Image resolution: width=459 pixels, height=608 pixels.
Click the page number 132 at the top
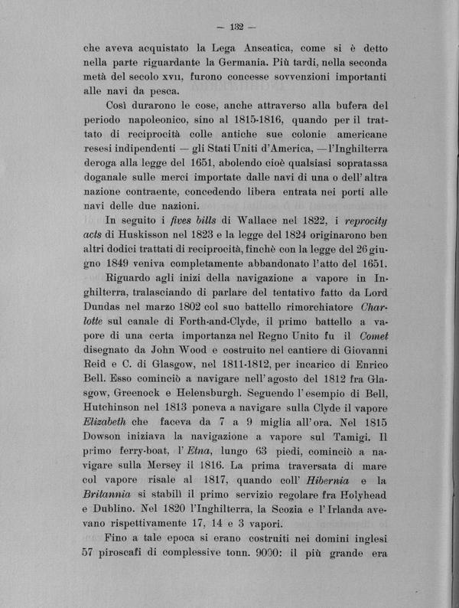click(235, 28)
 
